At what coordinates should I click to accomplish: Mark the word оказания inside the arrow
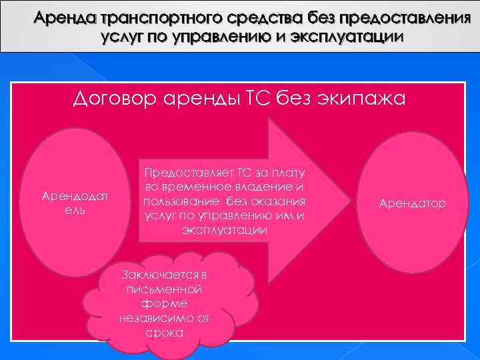[278, 202]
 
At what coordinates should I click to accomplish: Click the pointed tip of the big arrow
[346, 199]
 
